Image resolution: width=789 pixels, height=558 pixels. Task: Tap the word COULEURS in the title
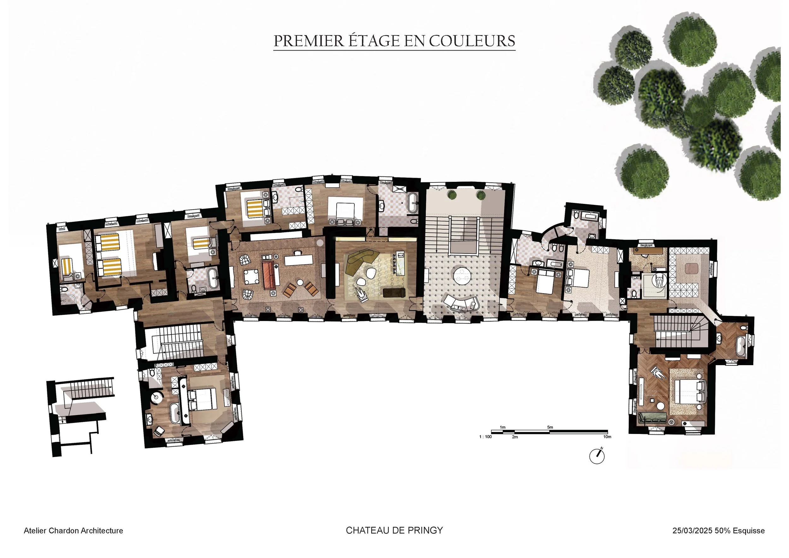point(472,41)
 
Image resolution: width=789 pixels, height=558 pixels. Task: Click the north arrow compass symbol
point(597,456)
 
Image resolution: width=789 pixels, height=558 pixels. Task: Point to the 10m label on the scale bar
point(607,437)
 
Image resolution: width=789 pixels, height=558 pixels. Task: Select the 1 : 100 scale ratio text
point(485,437)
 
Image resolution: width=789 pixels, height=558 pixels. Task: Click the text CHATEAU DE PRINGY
point(394,530)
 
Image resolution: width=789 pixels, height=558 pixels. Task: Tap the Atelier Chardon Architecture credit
point(73,531)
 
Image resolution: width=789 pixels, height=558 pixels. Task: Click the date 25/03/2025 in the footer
point(692,531)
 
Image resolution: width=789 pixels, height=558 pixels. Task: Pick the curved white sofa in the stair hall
point(462,303)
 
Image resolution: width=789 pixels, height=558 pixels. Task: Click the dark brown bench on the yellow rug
point(394,292)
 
